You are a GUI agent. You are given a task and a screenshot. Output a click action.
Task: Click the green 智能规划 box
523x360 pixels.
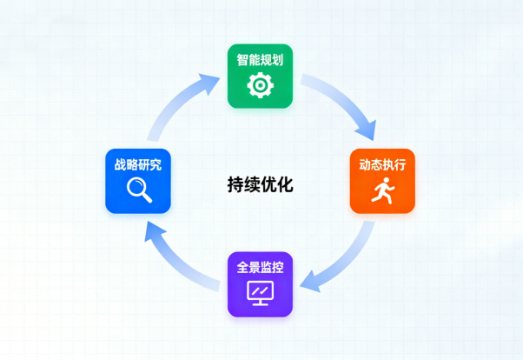[x=260, y=76]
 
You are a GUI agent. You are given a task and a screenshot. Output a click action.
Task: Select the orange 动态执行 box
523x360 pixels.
[x=382, y=181]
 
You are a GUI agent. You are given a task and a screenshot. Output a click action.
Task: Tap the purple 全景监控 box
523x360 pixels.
[x=260, y=283]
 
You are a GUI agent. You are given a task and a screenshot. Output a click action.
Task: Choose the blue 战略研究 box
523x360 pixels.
[x=138, y=181]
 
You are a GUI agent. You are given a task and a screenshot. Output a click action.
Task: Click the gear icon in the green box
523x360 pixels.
[x=260, y=85]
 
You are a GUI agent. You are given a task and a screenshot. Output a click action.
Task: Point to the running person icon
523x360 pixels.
[x=382, y=191]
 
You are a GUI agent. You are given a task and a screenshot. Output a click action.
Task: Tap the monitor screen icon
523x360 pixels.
[x=260, y=293]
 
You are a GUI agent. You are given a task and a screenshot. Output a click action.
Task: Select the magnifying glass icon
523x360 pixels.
[x=138, y=190]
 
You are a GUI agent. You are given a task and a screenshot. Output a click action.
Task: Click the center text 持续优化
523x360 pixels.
[x=260, y=184]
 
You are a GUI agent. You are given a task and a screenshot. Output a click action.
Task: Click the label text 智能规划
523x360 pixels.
[x=260, y=60]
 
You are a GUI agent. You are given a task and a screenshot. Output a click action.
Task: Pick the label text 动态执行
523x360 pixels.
[x=382, y=164]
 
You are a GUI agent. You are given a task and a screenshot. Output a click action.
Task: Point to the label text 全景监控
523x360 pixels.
[x=260, y=267]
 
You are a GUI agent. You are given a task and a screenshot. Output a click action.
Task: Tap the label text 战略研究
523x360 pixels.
[x=138, y=164]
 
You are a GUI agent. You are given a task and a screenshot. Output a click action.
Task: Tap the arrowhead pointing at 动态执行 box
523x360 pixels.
[x=367, y=130]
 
